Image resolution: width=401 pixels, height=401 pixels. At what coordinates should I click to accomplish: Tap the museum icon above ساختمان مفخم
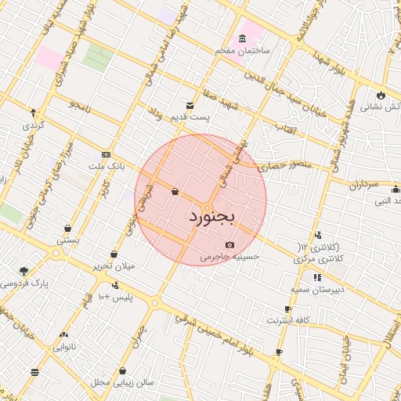click(x=242, y=38)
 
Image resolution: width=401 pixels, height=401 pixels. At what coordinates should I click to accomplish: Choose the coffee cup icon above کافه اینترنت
click(x=288, y=309)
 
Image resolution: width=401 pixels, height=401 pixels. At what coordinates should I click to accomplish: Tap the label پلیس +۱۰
click(x=115, y=298)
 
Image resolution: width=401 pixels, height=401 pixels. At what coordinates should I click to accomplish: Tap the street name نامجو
click(x=81, y=103)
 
